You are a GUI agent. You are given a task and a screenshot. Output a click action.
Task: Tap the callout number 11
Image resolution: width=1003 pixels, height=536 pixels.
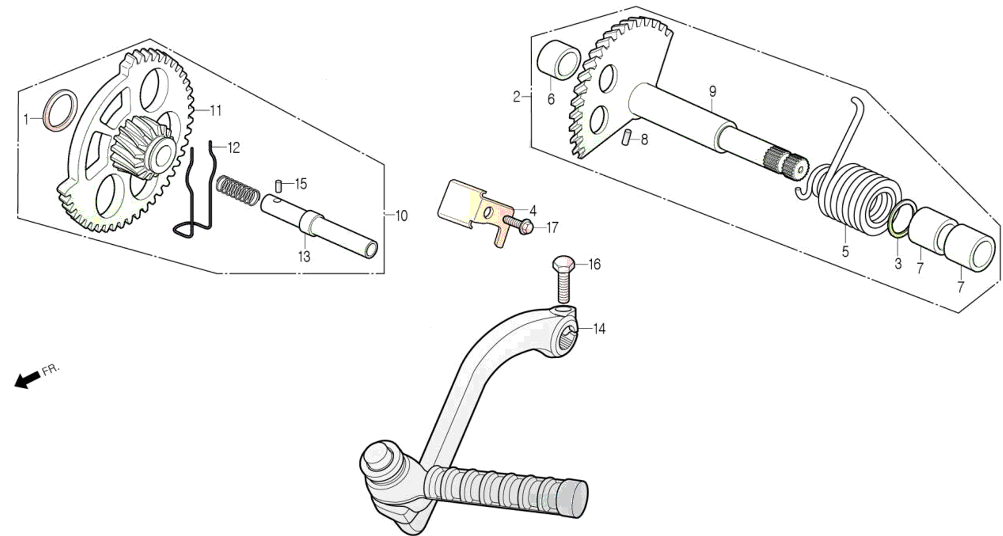216,110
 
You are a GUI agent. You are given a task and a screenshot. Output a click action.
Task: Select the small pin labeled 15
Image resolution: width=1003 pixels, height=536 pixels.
278,187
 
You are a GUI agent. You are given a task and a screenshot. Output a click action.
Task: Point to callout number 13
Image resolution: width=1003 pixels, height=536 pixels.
304,256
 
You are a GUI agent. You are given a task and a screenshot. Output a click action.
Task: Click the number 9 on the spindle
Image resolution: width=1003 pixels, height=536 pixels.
712,91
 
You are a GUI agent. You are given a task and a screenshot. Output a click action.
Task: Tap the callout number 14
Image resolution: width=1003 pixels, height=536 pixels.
599,329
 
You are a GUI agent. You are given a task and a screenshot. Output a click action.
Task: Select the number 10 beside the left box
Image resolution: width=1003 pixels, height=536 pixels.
402,216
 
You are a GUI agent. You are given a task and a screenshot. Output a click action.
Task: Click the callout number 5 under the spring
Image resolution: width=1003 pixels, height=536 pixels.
845,252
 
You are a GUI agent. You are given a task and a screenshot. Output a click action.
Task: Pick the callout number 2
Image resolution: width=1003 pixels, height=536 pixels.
517,97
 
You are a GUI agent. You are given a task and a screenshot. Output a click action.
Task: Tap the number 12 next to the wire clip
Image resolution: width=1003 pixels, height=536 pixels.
233,148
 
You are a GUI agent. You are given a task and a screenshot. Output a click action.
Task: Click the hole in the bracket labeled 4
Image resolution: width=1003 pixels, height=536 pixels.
488,213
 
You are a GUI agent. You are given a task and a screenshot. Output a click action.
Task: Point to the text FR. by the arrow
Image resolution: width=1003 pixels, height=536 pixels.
51,369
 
